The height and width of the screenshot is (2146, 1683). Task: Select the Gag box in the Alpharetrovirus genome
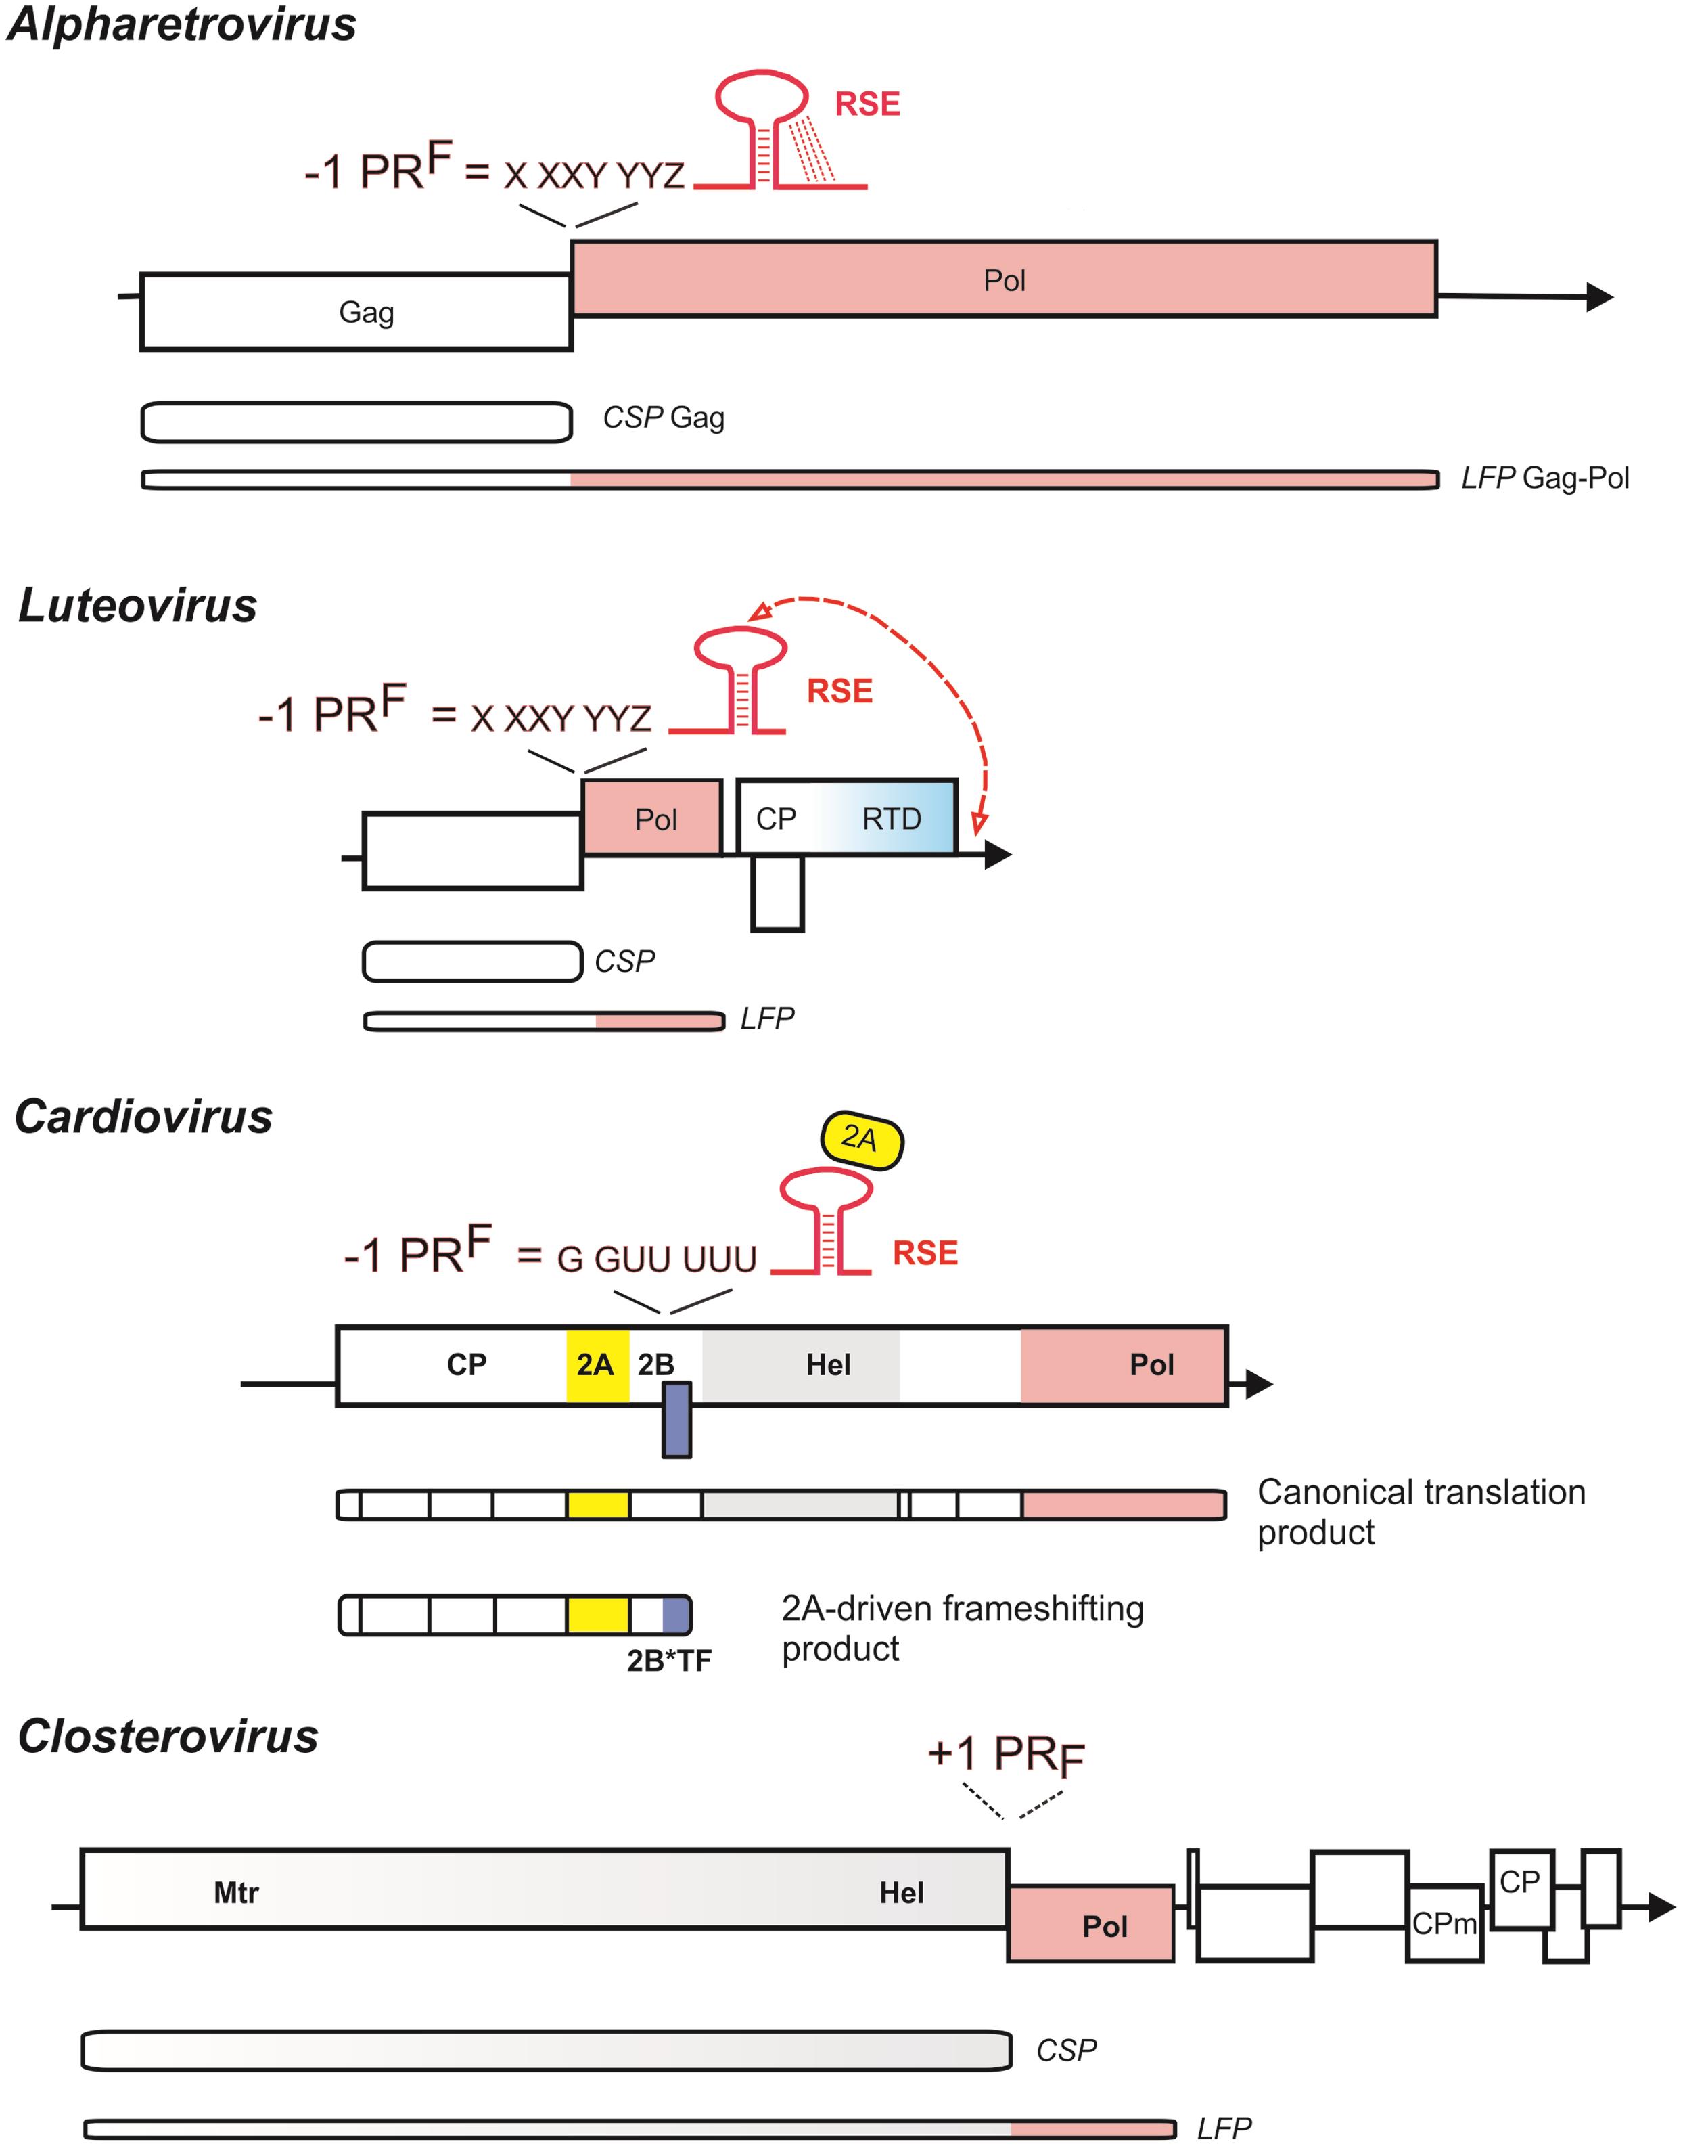click(x=356, y=313)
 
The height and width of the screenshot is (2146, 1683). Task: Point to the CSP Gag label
click(x=663, y=418)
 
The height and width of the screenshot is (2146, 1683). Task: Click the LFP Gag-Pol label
click(x=1544, y=478)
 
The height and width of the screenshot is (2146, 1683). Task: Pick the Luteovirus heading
click(x=138, y=605)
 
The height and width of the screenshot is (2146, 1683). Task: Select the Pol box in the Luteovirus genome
click(x=652, y=818)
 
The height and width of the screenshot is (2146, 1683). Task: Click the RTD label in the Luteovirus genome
click(x=891, y=818)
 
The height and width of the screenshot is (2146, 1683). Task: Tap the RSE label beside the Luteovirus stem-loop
click(x=839, y=691)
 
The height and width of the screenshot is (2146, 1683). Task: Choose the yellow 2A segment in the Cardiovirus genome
click(x=597, y=1364)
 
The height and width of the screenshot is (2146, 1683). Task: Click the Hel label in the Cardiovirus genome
click(x=828, y=1364)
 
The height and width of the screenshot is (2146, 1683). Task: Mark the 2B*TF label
click(x=669, y=1661)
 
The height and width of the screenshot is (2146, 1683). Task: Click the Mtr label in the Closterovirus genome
click(x=237, y=1893)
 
